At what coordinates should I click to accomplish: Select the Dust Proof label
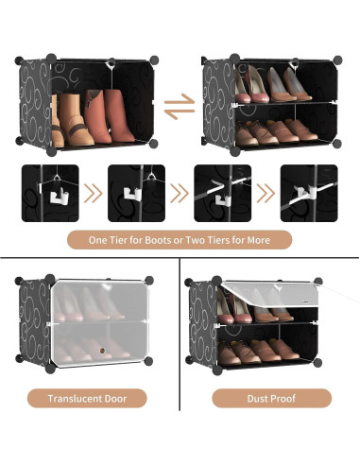271,398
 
